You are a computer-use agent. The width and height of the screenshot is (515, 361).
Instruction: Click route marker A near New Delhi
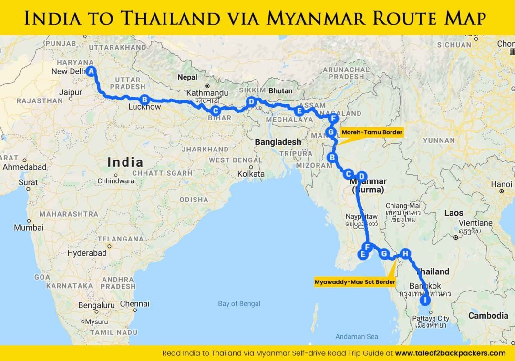coord(91,71)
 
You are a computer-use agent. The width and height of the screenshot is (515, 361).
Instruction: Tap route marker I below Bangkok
coord(425,301)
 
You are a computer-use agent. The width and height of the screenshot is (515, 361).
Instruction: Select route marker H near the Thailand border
coord(405,254)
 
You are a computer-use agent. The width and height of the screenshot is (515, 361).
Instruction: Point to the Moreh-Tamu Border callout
coord(371,132)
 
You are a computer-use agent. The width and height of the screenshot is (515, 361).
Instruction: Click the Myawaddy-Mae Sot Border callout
coord(355,282)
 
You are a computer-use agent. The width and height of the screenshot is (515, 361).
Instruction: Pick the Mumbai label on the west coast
coord(29,228)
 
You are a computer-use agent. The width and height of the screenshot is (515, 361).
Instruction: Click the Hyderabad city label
coord(87,253)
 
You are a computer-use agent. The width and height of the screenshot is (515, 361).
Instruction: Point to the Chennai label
coord(135,303)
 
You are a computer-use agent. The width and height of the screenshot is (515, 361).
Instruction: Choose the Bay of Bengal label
coord(239,304)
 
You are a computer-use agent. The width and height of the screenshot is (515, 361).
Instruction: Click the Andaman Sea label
coord(357,337)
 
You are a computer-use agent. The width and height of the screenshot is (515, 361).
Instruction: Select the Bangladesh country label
coord(278,142)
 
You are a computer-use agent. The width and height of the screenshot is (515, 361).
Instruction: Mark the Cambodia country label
coord(488,316)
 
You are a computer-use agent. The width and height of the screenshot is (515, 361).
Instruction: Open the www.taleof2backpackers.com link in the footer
coord(450,353)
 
